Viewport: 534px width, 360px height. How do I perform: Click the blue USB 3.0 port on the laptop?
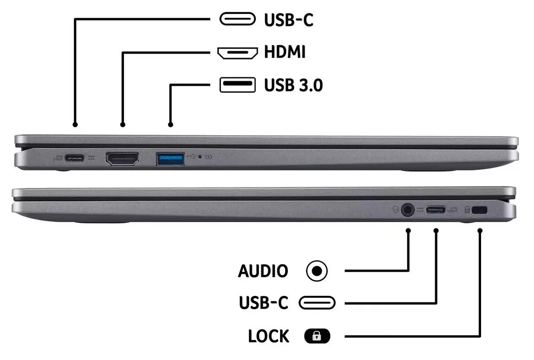170,159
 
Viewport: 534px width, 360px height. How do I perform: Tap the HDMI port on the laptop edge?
123,159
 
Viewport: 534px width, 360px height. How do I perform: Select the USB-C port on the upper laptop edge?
75,158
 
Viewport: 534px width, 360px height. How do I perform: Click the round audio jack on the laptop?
408,210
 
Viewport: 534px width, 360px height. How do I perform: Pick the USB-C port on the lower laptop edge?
436,210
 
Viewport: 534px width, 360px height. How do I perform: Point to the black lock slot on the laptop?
480,210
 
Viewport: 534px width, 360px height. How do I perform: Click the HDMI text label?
285,52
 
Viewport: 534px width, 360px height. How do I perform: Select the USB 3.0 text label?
293,85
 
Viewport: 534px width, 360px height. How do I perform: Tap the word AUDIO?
263,271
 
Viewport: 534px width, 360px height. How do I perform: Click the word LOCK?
268,336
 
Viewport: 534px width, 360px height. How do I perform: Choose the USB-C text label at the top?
288,20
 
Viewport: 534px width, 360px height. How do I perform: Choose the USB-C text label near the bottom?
263,303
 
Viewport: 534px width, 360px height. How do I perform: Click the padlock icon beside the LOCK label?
317,336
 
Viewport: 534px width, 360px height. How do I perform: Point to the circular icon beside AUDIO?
317,271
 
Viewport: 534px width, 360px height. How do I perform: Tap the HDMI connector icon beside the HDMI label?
237,52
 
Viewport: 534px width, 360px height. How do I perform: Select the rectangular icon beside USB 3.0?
237,85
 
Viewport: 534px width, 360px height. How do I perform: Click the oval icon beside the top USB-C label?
237,20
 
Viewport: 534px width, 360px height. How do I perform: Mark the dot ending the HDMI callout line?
123,124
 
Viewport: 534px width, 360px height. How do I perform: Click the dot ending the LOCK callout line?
480,230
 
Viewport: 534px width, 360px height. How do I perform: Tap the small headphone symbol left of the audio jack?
396,210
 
